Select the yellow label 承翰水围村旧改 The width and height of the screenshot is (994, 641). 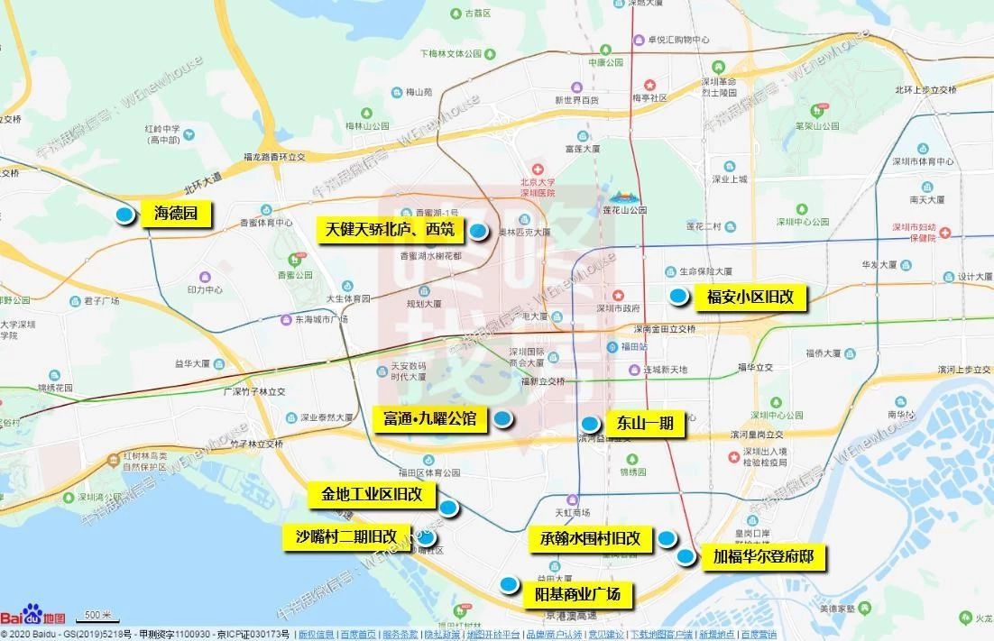[x=584, y=538]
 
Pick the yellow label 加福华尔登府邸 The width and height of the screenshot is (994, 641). [x=763, y=557]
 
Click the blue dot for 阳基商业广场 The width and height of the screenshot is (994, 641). [x=509, y=584]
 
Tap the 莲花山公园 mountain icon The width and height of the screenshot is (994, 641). [x=621, y=196]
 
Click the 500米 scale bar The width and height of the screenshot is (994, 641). [x=97, y=617]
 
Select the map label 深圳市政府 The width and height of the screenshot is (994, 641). [x=617, y=308]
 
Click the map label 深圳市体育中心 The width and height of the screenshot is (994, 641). [x=932, y=161]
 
